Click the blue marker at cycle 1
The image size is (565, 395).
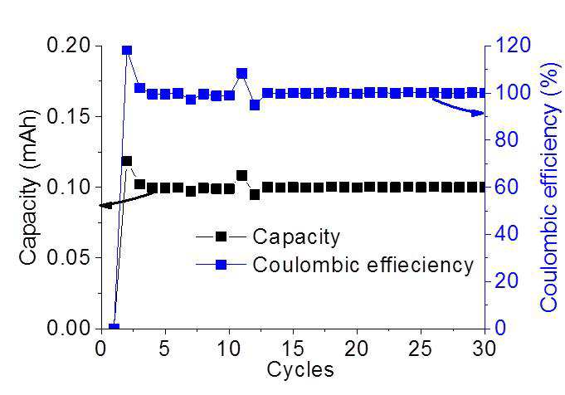(114, 327)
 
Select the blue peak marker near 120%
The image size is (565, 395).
(127, 50)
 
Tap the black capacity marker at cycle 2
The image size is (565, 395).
(127, 161)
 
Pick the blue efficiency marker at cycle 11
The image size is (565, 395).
(242, 74)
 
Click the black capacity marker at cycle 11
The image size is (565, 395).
(242, 176)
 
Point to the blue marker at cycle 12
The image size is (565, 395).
(255, 105)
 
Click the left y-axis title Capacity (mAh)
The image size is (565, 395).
(28, 187)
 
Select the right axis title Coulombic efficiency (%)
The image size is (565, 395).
(550, 187)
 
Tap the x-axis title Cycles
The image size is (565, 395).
(300, 369)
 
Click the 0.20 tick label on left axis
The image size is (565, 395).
(69, 46)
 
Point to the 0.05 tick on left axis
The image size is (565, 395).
(69, 258)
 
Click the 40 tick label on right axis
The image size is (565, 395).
(507, 234)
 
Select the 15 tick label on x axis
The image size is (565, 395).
(293, 349)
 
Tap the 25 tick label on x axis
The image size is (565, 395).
(421, 349)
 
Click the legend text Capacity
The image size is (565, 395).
(296, 237)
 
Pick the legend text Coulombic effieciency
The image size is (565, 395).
(363, 265)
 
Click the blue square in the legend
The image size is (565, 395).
(221, 265)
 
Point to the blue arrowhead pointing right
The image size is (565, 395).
(479, 114)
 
